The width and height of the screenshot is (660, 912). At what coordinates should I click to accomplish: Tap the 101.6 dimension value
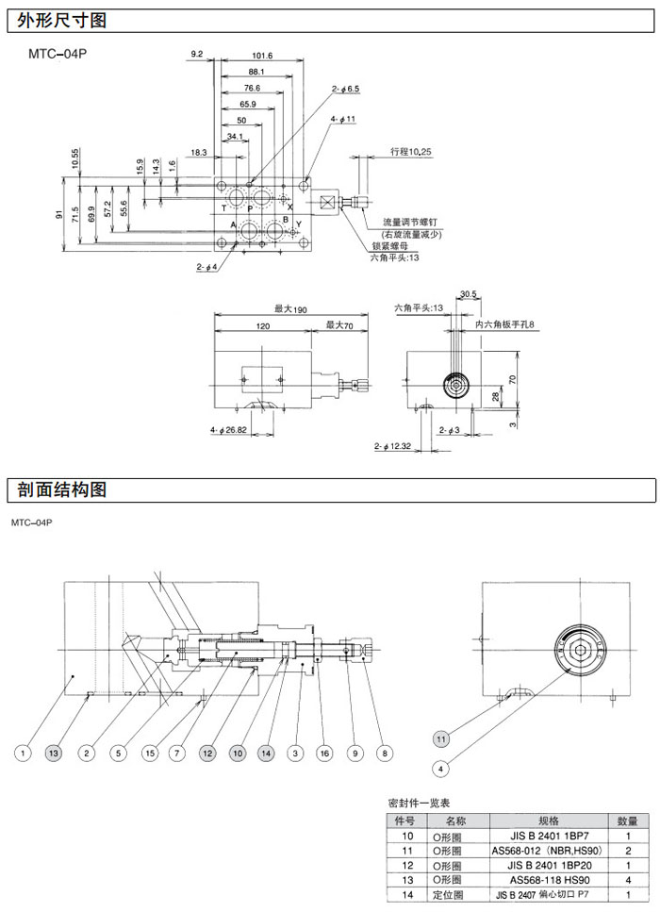pyautogui.click(x=262, y=56)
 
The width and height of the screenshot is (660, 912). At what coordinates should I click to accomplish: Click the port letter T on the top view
pyautogui.click(x=223, y=207)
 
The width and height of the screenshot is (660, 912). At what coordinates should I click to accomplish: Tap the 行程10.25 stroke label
pyautogui.click(x=411, y=151)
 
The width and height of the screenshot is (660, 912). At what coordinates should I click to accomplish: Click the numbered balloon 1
pyautogui.click(x=24, y=753)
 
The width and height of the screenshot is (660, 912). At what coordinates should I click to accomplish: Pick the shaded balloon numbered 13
pyautogui.click(x=55, y=753)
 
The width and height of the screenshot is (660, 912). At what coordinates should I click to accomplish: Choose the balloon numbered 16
pyautogui.click(x=324, y=753)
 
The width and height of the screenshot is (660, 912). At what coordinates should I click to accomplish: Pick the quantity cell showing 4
pyautogui.click(x=628, y=879)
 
